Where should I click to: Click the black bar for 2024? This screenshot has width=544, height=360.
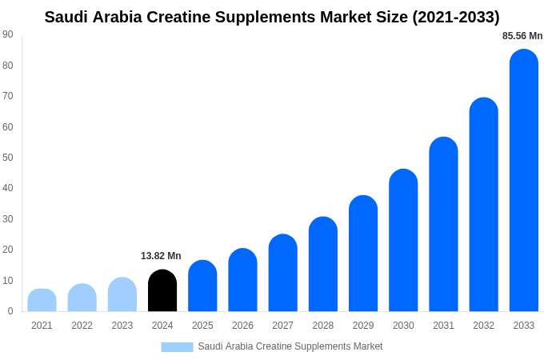point(162,291)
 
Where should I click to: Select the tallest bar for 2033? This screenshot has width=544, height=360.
point(524,181)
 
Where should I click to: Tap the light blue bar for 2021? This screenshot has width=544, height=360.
point(42,301)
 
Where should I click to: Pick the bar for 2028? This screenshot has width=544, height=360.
point(323,265)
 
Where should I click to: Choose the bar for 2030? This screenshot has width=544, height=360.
point(403,241)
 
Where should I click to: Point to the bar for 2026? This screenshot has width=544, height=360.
point(242,281)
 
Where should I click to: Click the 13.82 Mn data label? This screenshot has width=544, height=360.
point(161,256)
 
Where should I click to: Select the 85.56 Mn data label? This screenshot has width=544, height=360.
point(522,36)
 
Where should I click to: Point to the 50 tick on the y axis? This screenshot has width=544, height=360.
point(8,158)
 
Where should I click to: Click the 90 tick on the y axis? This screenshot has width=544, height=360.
point(8,34)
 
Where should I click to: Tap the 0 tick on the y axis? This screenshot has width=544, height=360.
point(10,311)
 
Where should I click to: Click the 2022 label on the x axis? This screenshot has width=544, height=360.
point(82,326)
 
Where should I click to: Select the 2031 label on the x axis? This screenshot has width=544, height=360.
point(443,326)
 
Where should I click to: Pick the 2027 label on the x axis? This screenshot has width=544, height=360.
point(282,326)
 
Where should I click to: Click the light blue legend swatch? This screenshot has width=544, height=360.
point(177,347)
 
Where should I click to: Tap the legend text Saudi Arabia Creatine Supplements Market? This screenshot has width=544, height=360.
point(290,346)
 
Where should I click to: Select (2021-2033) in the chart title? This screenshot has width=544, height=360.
point(455,17)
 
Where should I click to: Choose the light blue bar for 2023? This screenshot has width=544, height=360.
point(122,295)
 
